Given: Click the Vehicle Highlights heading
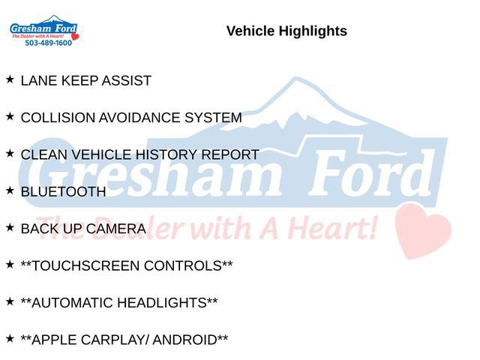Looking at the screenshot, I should [286, 31].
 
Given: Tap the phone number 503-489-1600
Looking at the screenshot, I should [49, 43].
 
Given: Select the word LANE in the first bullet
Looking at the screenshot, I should [37, 81].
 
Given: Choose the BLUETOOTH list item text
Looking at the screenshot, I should [64, 192].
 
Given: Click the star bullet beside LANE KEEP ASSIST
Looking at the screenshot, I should [10, 79].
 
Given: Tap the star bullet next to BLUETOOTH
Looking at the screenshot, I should [10, 190].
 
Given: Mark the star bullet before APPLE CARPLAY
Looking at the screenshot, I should [10, 338].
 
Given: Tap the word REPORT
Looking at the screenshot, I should [230, 155].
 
